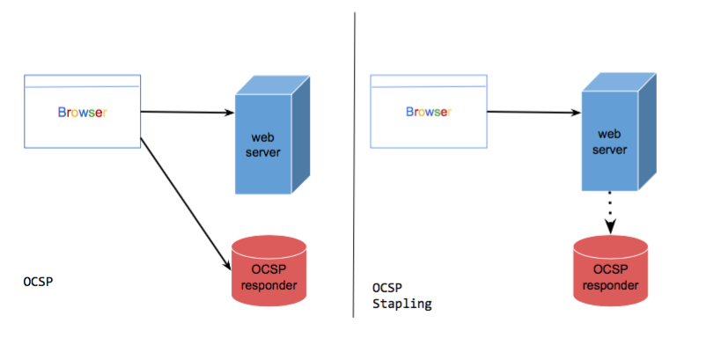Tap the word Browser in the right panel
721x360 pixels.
click(x=428, y=112)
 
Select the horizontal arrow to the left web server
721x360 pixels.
click(x=187, y=112)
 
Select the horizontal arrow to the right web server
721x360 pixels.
click(x=532, y=112)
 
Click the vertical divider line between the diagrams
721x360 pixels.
click(x=354, y=167)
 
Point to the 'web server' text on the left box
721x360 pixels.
click(x=265, y=145)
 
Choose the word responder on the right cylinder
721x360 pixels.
click(x=611, y=284)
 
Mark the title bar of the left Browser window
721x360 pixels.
click(x=82, y=81)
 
